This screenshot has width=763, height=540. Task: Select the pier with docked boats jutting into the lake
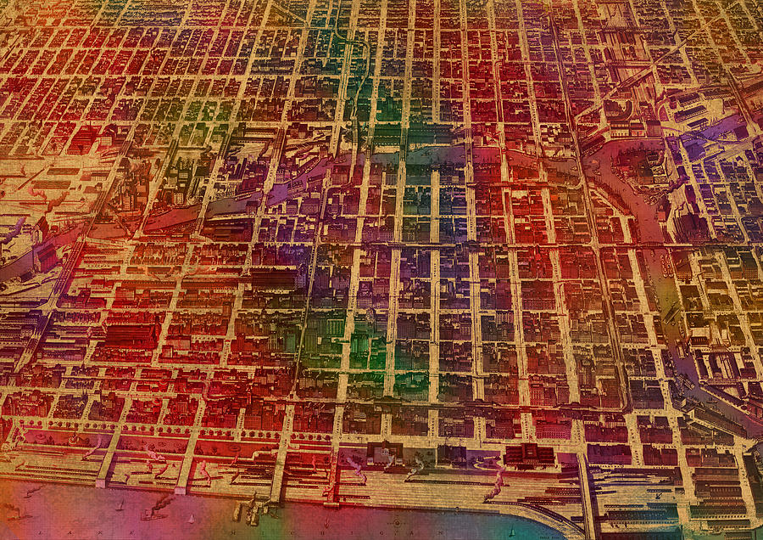(x=250, y=509)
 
